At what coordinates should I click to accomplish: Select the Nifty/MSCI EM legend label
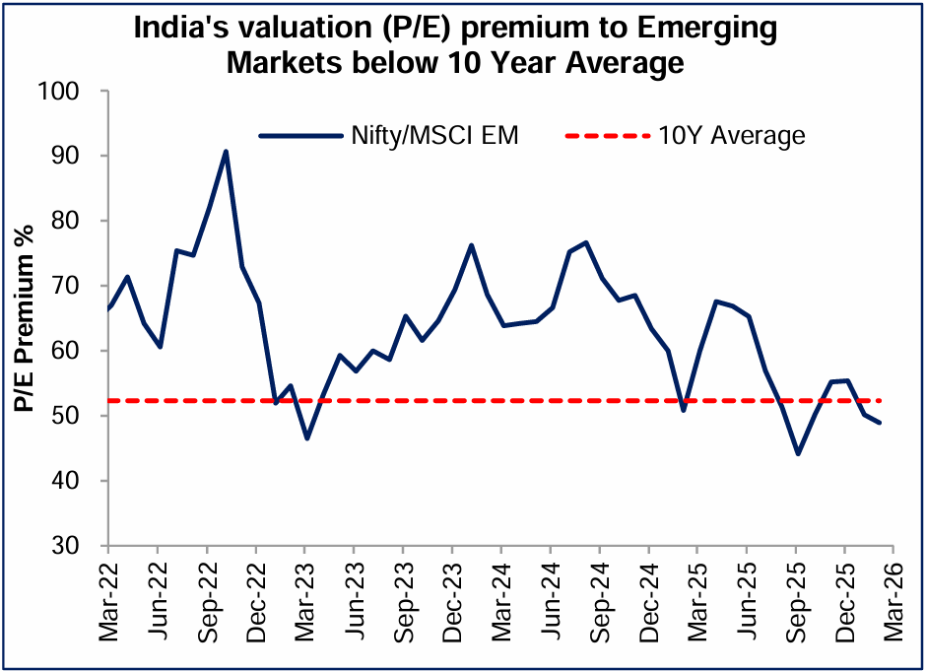click(x=434, y=135)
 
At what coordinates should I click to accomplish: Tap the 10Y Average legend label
click(x=731, y=135)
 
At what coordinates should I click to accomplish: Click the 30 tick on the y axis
click(x=80, y=546)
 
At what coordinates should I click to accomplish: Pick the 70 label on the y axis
click(x=80, y=286)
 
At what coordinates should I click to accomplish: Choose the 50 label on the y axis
click(x=80, y=416)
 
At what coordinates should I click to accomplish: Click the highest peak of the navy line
click(x=226, y=152)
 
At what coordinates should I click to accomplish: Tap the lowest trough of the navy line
click(x=797, y=453)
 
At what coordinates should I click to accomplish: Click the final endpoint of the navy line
click(x=879, y=423)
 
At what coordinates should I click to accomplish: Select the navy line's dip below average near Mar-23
click(x=307, y=437)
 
